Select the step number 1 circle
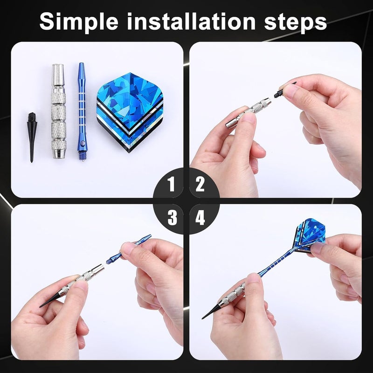(172, 185)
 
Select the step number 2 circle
(200, 185)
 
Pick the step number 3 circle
(172, 217)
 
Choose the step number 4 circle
(200, 217)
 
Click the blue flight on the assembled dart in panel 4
(310, 238)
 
